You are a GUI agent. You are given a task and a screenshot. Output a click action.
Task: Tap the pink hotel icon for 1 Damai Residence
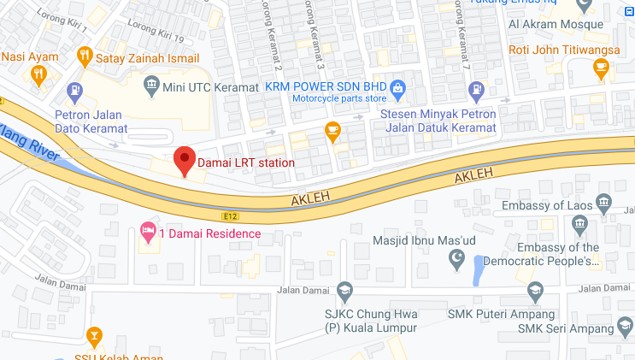coord(147,232)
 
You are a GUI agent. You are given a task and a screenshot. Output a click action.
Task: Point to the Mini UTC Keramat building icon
coord(151,84)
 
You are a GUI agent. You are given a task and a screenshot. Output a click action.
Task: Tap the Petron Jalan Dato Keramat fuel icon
coord(76,89)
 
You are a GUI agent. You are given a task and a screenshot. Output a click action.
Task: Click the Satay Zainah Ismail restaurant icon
coord(84,57)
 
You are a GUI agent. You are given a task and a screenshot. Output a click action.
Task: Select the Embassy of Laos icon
coord(604,204)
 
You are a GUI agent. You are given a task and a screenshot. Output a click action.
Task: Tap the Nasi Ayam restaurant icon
coord(38,74)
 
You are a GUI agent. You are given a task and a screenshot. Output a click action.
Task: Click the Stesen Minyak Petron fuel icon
coord(476,89)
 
